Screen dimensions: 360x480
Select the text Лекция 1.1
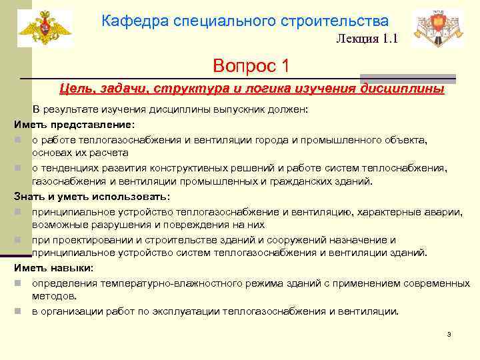click(367, 39)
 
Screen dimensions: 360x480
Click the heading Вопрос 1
click(251, 66)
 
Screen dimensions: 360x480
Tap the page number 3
click(449, 334)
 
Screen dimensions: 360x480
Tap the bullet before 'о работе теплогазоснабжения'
click(22, 140)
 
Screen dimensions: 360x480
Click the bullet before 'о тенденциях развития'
click(22, 169)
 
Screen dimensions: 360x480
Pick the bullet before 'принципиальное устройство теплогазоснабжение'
click(22, 212)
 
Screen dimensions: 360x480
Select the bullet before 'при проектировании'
click(22, 241)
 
